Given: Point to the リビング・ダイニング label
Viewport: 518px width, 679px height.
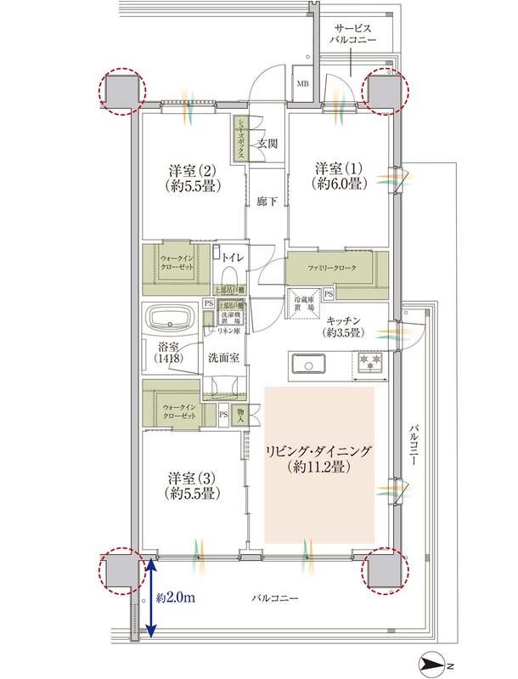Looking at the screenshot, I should [x=319, y=457].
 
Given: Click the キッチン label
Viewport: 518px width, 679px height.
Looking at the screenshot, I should [x=343, y=326].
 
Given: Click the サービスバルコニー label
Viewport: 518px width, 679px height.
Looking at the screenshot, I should [x=356, y=34].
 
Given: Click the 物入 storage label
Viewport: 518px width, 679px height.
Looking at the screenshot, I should [x=240, y=416].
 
